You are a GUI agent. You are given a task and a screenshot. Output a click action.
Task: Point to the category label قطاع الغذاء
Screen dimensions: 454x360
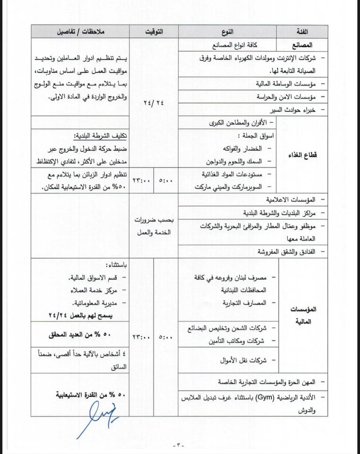click(302, 155)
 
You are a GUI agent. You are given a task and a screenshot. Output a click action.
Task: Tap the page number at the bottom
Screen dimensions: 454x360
click(179, 445)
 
